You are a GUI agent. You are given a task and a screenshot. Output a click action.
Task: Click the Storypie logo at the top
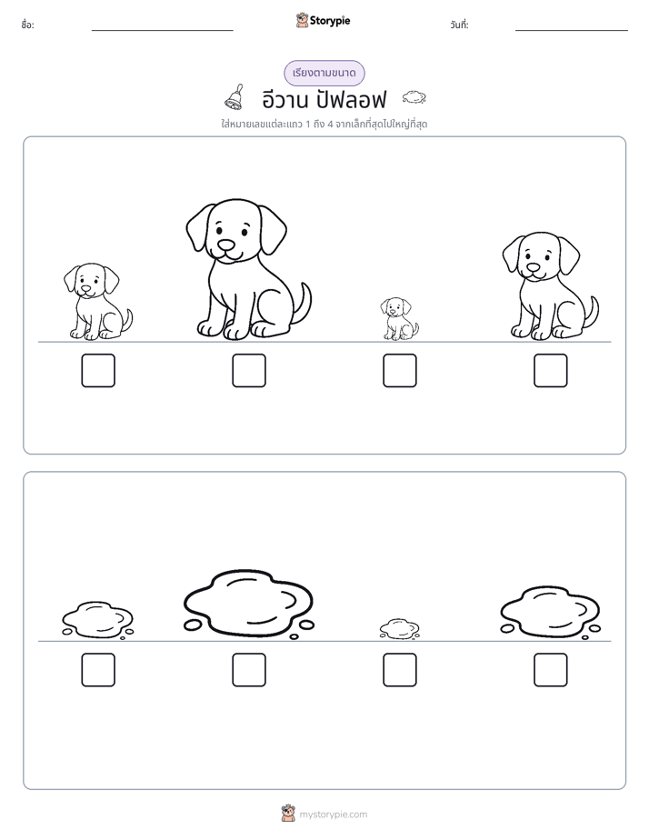(x=323, y=20)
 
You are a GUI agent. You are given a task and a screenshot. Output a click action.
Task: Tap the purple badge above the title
(x=324, y=74)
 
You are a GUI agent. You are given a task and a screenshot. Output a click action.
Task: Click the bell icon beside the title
(x=235, y=97)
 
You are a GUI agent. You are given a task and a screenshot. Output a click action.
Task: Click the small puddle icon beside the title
(x=414, y=97)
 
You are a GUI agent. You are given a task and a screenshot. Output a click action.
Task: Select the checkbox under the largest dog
(x=249, y=370)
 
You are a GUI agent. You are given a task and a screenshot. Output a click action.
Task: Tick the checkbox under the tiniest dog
(x=399, y=370)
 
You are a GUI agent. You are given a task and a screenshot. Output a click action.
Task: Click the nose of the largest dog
(x=226, y=245)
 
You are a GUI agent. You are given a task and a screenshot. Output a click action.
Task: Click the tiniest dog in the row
(x=399, y=319)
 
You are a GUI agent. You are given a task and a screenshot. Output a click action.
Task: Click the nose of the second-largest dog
(x=533, y=267)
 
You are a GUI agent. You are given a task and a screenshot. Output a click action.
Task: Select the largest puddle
(x=248, y=604)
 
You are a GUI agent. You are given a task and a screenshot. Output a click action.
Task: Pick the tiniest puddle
(x=399, y=629)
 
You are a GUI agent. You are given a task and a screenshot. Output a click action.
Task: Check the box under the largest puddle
(x=249, y=670)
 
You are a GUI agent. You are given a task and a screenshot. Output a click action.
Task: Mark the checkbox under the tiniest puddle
(x=399, y=670)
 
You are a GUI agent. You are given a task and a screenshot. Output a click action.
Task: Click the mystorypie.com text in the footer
(x=333, y=815)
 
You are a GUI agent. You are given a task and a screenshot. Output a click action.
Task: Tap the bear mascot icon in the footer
(x=288, y=814)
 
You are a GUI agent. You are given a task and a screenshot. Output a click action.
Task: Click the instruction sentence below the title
(x=324, y=125)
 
